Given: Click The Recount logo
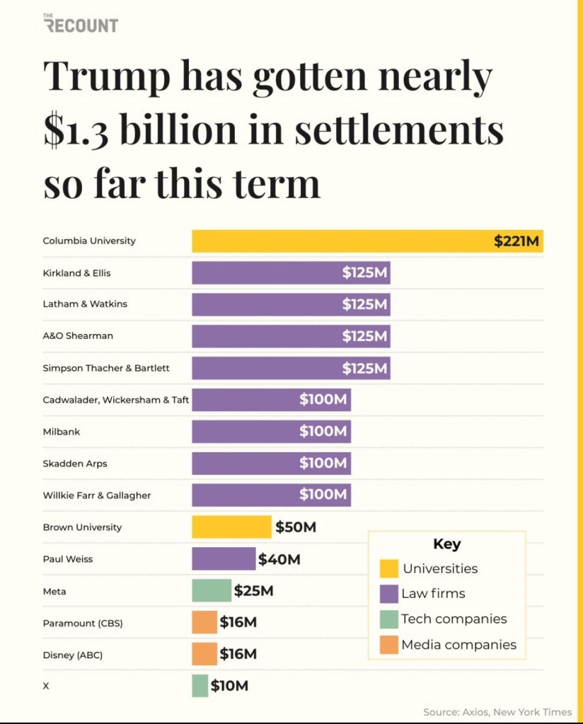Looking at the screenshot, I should click(x=81, y=23).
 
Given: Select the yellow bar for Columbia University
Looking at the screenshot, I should click(x=340, y=241).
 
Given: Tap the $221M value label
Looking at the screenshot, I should click(x=516, y=241).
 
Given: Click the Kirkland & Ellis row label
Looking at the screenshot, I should click(x=76, y=273).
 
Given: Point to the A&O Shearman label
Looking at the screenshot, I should click(x=78, y=336).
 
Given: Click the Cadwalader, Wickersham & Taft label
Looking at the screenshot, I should click(x=115, y=400).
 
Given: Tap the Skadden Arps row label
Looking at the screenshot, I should click(x=75, y=464).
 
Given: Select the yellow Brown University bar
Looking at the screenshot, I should click(x=231, y=527).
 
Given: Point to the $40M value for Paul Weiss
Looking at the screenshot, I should click(x=279, y=559).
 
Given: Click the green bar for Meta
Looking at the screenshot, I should click(x=212, y=590).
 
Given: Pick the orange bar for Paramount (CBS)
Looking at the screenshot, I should click(x=204, y=622).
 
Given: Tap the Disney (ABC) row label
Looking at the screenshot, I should click(x=72, y=655).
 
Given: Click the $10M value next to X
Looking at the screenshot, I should click(x=229, y=686).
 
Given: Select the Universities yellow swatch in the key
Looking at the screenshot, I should click(x=388, y=568).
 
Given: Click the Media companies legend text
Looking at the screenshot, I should click(x=458, y=645).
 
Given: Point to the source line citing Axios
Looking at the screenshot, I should click(x=497, y=711).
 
